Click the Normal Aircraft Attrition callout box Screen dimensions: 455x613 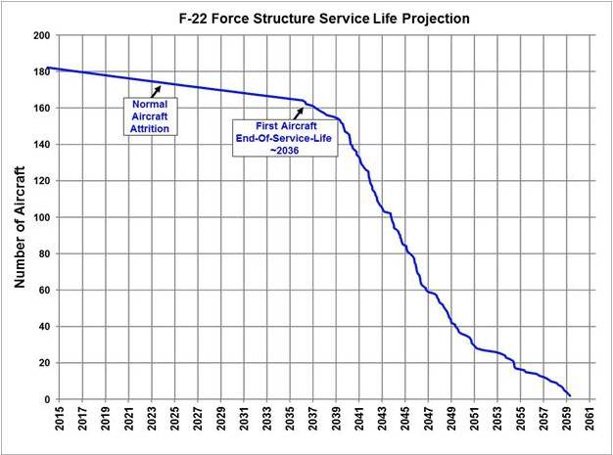[149, 114]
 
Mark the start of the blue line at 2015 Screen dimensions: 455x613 [49, 68]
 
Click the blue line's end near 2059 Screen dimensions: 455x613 [570, 394]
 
